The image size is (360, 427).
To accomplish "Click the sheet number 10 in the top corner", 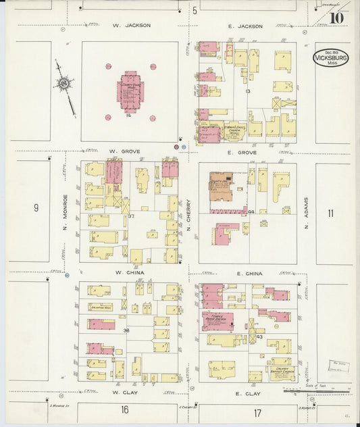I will point(336,18).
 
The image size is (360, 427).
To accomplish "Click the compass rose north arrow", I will point(66,84).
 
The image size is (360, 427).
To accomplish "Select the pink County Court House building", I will point(130,92).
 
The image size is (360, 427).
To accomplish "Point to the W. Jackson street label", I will point(132,26).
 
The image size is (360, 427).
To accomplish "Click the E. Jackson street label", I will point(245,26).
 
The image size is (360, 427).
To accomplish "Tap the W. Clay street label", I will point(125,392).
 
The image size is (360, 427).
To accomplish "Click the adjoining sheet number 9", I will point(36,208).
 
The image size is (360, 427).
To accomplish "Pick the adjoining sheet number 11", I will point(330,214).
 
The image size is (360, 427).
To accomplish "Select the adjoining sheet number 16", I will point(125,409).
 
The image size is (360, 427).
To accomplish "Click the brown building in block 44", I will point(221,186).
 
